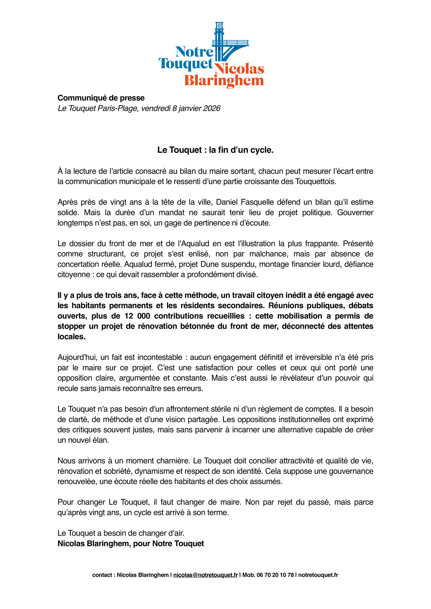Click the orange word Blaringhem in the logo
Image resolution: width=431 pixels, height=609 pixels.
tap(224, 81)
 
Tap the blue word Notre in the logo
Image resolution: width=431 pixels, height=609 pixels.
tap(194, 52)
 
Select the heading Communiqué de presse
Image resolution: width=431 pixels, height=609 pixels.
tap(101, 98)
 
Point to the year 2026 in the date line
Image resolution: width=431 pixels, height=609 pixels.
tap(212, 108)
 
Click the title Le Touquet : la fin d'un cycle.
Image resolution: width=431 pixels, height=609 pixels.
tap(215, 150)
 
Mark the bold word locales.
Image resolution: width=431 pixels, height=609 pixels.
tap(71, 337)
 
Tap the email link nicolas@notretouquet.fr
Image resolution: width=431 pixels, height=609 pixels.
tap(205, 575)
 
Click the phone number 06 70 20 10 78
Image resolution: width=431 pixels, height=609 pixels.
tap(275, 575)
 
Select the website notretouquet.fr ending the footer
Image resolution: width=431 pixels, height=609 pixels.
tap(318, 575)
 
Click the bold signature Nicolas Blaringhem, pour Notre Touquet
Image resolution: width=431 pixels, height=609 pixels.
tap(131, 544)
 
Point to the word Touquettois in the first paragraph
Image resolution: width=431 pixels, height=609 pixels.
tap(315, 181)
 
